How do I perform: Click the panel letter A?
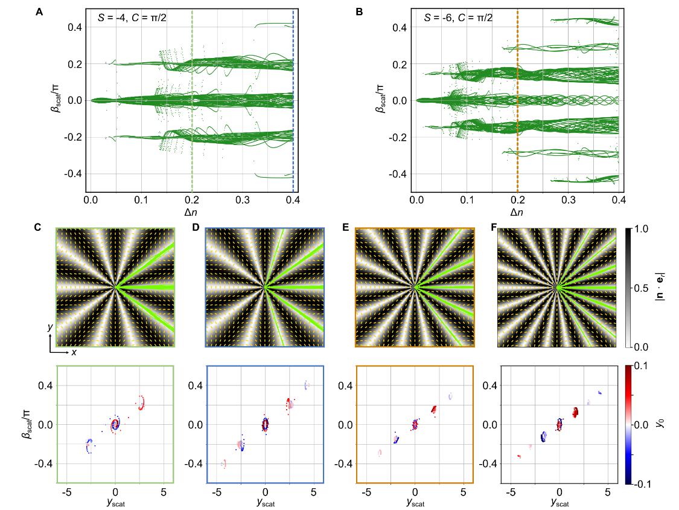coord(39,10)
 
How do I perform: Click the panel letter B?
coord(360,10)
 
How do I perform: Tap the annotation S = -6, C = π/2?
coord(459,18)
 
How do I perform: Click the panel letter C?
coord(39,229)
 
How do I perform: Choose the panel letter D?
coord(194,229)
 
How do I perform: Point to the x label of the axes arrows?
coord(74,352)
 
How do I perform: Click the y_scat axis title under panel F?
coord(560,501)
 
